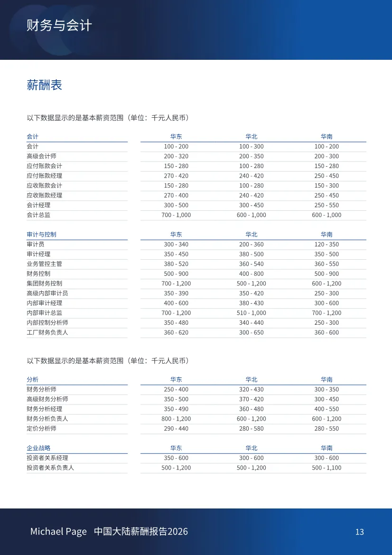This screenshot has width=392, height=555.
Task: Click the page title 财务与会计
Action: point(59,25)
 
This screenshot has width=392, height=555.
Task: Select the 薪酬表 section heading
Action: point(44,85)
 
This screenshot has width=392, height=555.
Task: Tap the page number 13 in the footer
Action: point(359,532)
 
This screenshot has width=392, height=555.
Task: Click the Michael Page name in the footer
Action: point(58,531)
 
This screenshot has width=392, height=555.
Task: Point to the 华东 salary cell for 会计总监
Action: point(176,215)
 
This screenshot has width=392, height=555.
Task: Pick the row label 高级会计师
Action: point(41,156)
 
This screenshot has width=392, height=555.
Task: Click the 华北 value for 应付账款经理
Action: point(251,176)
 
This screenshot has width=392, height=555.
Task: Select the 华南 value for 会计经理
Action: point(327,205)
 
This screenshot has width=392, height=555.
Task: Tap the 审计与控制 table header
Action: point(41,235)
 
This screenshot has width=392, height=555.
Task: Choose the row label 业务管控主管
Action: point(44,264)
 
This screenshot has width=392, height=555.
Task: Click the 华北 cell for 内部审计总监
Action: point(251,313)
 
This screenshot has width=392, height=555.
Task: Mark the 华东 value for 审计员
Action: point(176,245)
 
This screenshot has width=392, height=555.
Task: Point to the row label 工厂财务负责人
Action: point(47,332)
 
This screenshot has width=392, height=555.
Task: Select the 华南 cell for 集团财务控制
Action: point(327,283)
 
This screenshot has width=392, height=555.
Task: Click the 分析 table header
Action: point(32,379)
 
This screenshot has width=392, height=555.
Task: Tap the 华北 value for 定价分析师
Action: point(251,428)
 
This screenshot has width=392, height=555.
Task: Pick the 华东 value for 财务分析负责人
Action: point(176,419)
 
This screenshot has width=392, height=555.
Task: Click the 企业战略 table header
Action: point(38,448)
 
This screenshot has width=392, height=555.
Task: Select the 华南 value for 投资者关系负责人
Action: point(327,468)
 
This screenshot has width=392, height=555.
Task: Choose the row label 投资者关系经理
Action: point(47,458)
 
